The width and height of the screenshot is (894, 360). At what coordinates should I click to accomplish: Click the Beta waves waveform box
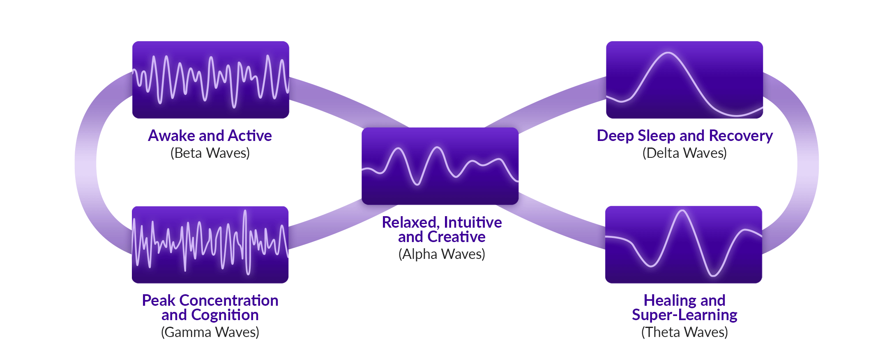(210, 80)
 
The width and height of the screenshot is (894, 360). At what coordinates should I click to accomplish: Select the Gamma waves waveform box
(210, 245)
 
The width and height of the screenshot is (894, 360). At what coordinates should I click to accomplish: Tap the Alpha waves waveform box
(440, 166)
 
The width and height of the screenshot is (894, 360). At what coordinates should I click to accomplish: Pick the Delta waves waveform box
(684, 80)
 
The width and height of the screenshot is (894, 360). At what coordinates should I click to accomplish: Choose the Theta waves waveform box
(684, 245)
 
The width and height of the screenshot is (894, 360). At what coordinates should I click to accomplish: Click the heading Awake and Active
(210, 136)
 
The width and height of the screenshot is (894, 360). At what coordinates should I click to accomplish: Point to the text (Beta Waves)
(210, 153)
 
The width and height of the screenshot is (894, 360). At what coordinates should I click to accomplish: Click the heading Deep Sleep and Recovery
(684, 136)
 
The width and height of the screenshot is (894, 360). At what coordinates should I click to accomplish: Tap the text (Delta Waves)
(684, 153)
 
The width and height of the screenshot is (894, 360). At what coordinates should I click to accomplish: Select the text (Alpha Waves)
(442, 254)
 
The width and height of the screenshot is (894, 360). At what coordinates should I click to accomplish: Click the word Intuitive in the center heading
(472, 222)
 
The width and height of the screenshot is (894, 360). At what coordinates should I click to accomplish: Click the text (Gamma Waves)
(210, 332)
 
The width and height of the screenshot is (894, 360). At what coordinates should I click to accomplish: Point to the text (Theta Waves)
(684, 332)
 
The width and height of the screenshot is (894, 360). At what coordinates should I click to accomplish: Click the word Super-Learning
(684, 315)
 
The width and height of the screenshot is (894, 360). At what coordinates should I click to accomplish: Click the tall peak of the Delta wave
(668, 53)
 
